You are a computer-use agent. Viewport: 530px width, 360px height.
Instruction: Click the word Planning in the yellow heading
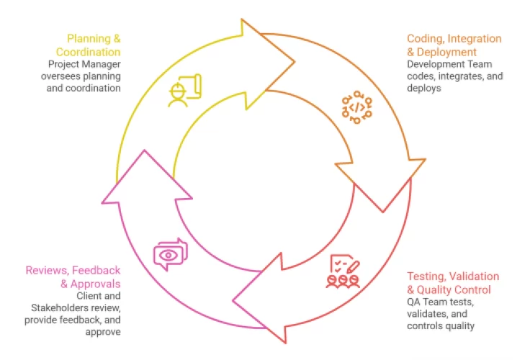(89, 39)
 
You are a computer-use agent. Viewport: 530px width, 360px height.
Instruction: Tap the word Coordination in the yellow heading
(89, 52)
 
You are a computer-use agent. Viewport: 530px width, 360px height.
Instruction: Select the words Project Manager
(84, 64)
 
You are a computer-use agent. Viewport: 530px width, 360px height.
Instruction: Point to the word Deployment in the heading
(446, 52)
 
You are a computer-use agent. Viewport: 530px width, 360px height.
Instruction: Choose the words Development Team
(449, 64)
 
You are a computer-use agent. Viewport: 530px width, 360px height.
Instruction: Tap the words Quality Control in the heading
(454, 289)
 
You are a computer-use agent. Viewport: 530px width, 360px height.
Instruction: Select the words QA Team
(423, 302)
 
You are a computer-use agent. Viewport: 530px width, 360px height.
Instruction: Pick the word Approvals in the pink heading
(95, 284)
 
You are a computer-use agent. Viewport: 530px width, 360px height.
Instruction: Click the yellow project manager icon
(185, 91)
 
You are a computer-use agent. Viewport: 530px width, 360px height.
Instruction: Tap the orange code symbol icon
(356, 107)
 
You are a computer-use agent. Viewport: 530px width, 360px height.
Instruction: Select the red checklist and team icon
(343, 271)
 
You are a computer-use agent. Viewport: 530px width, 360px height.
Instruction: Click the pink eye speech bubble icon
(171, 254)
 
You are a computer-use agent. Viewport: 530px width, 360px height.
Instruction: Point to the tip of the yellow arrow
(295, 61)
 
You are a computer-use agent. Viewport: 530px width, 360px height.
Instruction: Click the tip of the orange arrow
(383, 212)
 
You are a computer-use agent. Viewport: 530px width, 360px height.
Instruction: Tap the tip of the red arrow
(233, 300)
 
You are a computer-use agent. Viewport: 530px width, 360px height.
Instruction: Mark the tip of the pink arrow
(145, 150)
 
